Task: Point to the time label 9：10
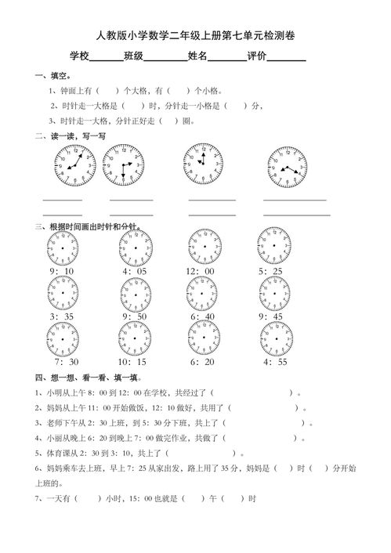(x=61, y=271)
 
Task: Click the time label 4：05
(x=134, y=271)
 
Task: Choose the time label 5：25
(x=272, y=271)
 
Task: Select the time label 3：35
(x=61, y=316)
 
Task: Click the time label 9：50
(x=134, y=316)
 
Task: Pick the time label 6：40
(x=202, y=316)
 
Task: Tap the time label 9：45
(x=272, y=316)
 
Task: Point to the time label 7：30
(x=66, y=362)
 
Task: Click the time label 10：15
(x=132, y=362)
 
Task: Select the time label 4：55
(x=276, y=362)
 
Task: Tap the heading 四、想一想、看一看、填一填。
(x=85, y=377)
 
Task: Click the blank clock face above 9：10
(x=62, y=248)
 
